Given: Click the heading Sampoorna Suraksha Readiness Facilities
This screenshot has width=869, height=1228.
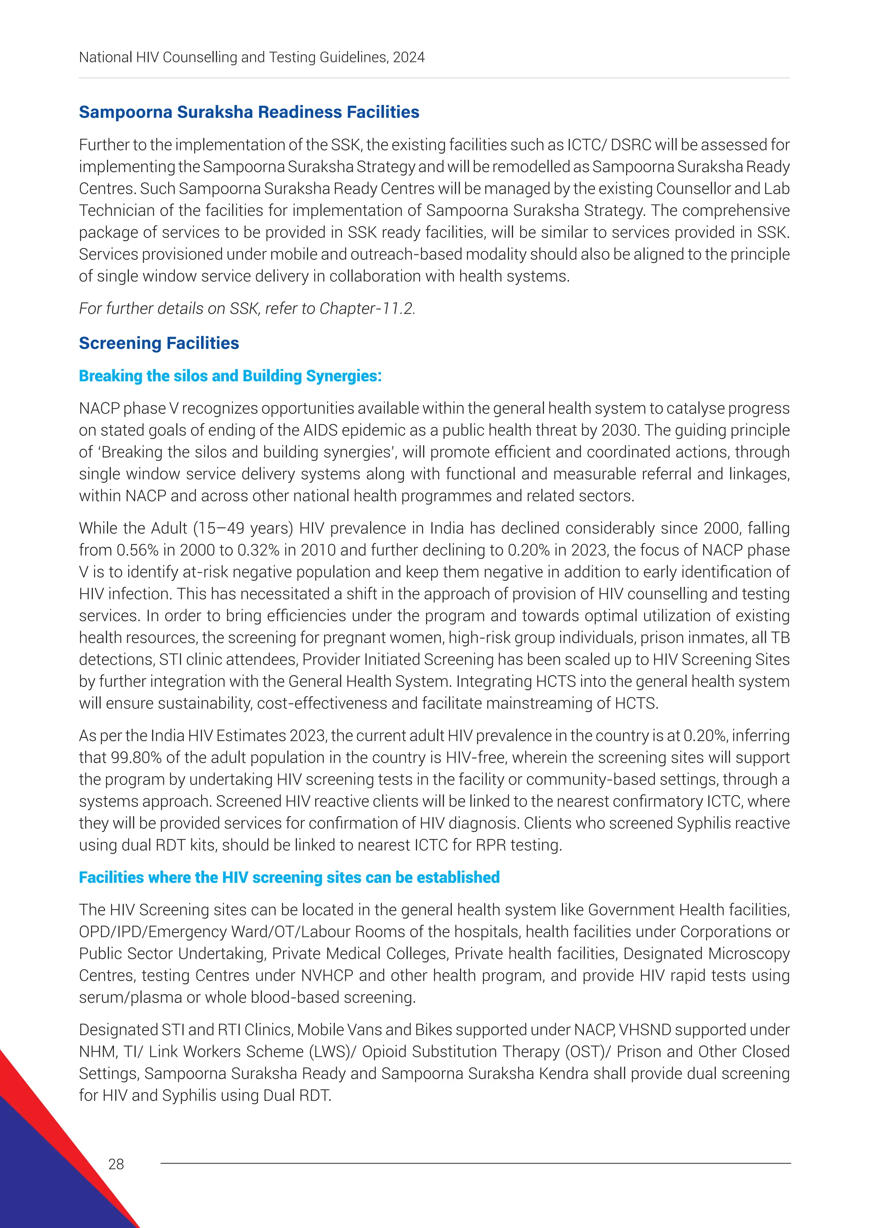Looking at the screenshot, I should click(249, 112).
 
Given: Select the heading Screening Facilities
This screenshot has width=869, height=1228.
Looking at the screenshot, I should click(159, 343).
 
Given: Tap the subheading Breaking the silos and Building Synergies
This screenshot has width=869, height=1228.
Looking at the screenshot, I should click(230, 376).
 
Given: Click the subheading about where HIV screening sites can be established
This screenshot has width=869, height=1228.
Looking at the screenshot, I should click(289, 877).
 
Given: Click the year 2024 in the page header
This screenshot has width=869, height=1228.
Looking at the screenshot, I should click(409, 57).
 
